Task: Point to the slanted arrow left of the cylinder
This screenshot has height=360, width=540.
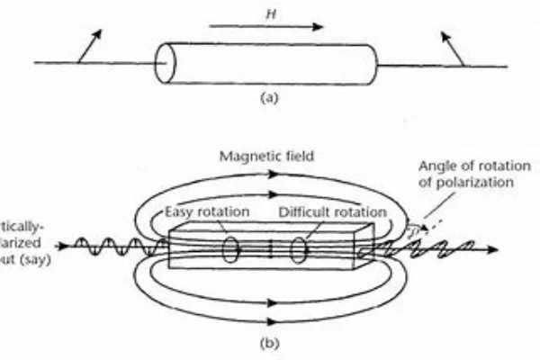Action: pyautogui.click(x=89, y=46)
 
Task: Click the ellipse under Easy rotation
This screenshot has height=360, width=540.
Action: pyautogui.click(x=230, y=247)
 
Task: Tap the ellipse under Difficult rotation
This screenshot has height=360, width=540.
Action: pyautogui.click(x=301, y=247)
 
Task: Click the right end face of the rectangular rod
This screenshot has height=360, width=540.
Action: pyautogui.click(x=364, y=247)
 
